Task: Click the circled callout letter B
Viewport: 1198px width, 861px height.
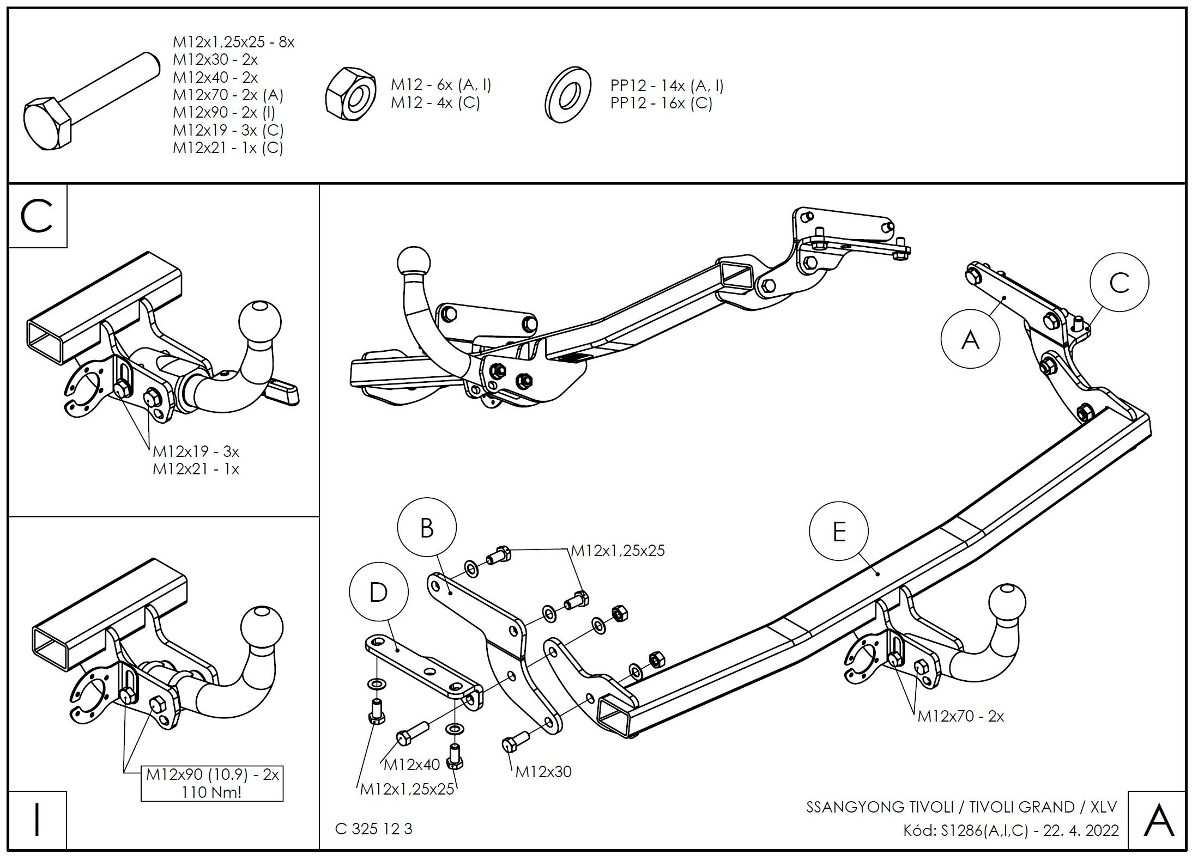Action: click(x=426, y=528)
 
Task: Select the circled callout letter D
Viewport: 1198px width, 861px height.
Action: click(x=378, y=592)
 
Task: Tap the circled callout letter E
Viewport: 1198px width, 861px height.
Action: click(x=839, y=532)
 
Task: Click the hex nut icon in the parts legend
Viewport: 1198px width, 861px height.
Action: click(x=351, y=94)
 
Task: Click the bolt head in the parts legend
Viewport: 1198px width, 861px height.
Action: click(x=47, y=124)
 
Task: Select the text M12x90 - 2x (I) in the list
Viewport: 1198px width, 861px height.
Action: click(x=224, y=112)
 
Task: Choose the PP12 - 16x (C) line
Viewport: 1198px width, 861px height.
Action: click(x=661, y=103)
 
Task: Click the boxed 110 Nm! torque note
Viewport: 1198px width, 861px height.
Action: click(x=212, y=792)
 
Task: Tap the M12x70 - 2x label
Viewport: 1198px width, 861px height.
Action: click(x=960, y=716)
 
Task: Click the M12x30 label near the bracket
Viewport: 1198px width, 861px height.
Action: click(x=543, y=771)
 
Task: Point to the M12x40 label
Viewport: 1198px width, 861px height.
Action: click(x=412, y=765)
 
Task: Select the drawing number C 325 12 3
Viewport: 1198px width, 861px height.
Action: click(x=374, y=828)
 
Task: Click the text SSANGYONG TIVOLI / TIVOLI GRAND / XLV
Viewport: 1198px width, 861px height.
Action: click(x=961, y=807)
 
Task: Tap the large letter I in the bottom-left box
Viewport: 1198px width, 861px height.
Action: click(x=37, y=820)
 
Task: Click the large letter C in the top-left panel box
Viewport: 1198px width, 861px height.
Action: click(x=37, y=216)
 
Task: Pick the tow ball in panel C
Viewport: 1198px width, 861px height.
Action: click(x=260, y=320)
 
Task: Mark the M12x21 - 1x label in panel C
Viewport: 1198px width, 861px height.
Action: click(x=196, y=469)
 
